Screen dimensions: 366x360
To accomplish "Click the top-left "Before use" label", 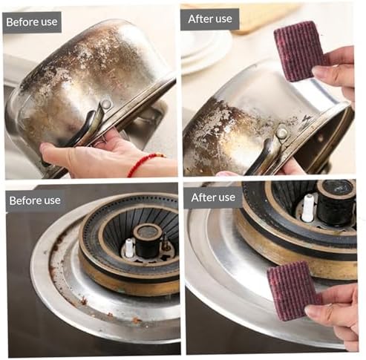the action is click(x=32, y=22).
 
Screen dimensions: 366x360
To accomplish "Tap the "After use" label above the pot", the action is click(x=210, y=19).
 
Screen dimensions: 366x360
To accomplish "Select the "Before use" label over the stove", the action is click(x=35, y=200).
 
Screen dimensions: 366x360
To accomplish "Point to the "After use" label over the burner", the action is click(x=213, y=197).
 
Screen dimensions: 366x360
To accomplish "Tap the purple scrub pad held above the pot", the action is click(x=300, y=50).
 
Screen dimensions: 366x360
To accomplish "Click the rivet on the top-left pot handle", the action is click(x=106, y=104).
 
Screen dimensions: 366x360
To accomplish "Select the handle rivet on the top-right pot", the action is click(x=282, y=133).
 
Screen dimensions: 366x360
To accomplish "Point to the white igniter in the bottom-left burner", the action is click(x=128, y=248).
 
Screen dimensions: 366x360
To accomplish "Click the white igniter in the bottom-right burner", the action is click(x=308, y=207).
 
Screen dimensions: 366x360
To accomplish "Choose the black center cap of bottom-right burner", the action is click(x=336, y=202).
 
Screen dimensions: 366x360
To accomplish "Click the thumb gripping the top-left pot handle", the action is click(x=53, y=150).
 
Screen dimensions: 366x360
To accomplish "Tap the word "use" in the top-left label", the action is click(x=49, y=22).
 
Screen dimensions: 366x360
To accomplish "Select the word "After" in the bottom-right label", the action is click(x=203, y=197).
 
